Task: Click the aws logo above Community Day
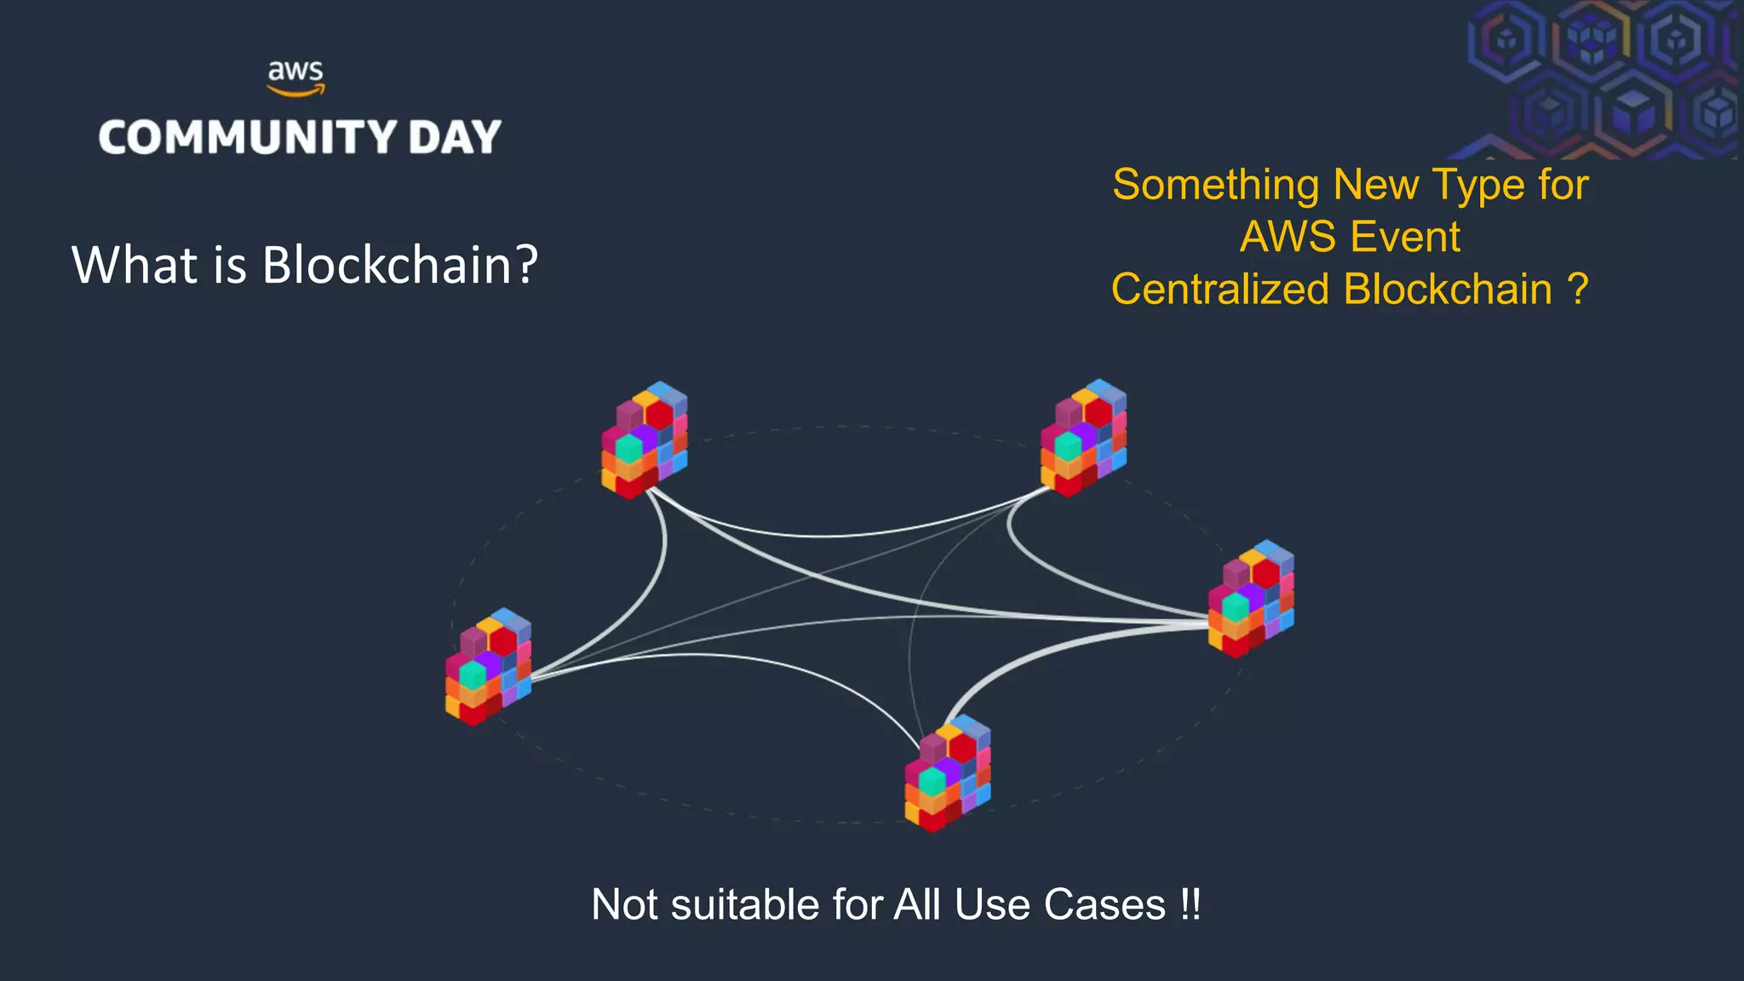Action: (295, 77)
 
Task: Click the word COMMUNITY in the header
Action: (248, 137)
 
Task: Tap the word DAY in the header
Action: (455, 137)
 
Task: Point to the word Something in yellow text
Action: (1216, 185)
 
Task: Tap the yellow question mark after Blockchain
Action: (1577, 290)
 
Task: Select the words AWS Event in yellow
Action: (1350, 237)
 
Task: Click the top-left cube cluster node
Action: (645, 440)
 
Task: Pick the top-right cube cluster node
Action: (1083, 438)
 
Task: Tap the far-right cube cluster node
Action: (1251, 599)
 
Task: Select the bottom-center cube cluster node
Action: (947, 773)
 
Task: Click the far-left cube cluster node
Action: (488, 667)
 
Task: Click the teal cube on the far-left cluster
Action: (473, 675)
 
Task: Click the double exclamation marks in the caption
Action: (1190, 904)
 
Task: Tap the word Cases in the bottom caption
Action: (1104, 904)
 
